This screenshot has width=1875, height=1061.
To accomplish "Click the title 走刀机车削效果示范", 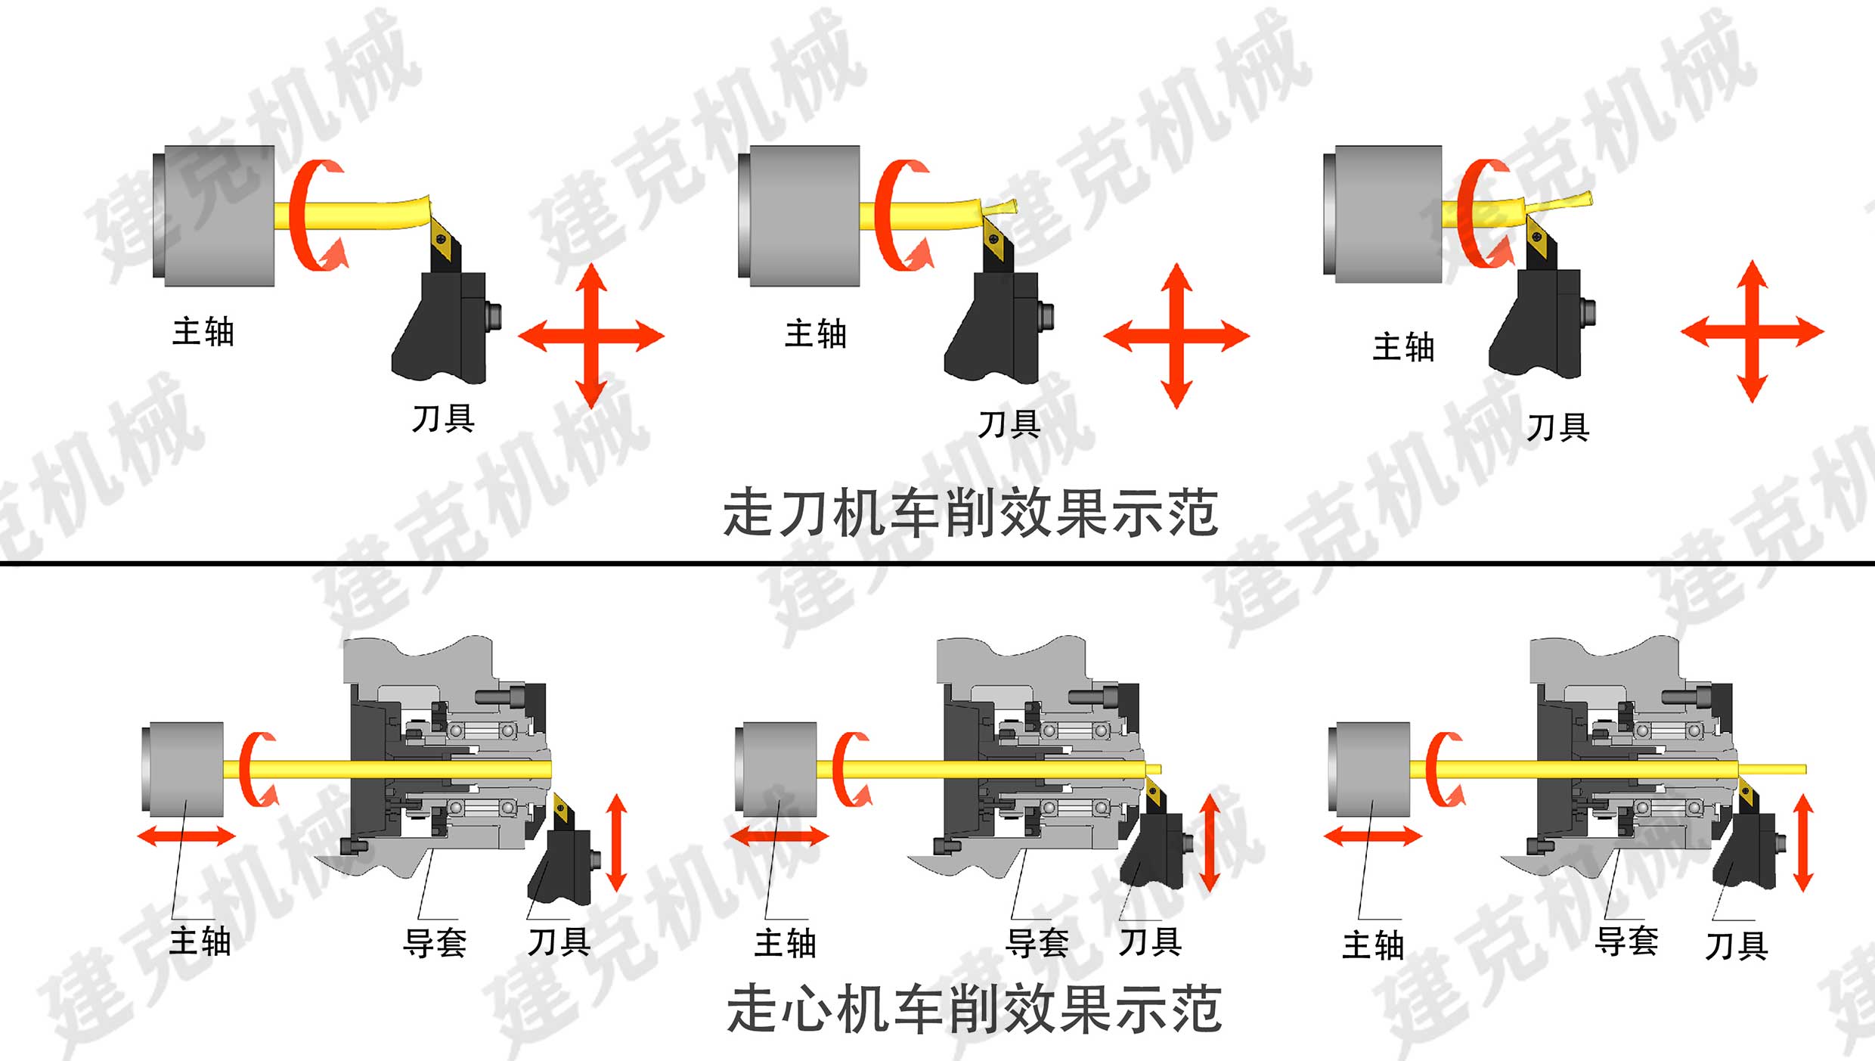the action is (971, 513).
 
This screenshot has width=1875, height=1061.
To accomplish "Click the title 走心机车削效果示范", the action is (975, 1008).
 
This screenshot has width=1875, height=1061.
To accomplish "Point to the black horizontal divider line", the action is (938, 563).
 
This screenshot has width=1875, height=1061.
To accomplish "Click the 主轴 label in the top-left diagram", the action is (203, 332).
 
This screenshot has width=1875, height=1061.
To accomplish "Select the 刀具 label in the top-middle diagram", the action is (1009, 424).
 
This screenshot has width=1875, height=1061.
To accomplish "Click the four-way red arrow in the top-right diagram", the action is (1753, 331).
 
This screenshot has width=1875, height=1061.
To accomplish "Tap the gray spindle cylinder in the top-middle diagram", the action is (799, 216).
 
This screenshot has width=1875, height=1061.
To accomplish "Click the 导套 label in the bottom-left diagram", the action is (435, 943).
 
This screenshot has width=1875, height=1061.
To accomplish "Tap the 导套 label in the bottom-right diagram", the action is (1627, 942).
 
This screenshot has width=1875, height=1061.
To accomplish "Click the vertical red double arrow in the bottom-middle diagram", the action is (1210, 842).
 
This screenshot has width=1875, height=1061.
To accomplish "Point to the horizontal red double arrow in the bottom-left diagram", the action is (187, 836).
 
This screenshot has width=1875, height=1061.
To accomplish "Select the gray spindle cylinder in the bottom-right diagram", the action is (1369, 769).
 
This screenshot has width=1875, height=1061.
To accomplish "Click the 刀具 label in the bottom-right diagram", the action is (1737, 946).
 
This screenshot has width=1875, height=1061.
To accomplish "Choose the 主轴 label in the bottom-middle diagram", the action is (786, 944).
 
